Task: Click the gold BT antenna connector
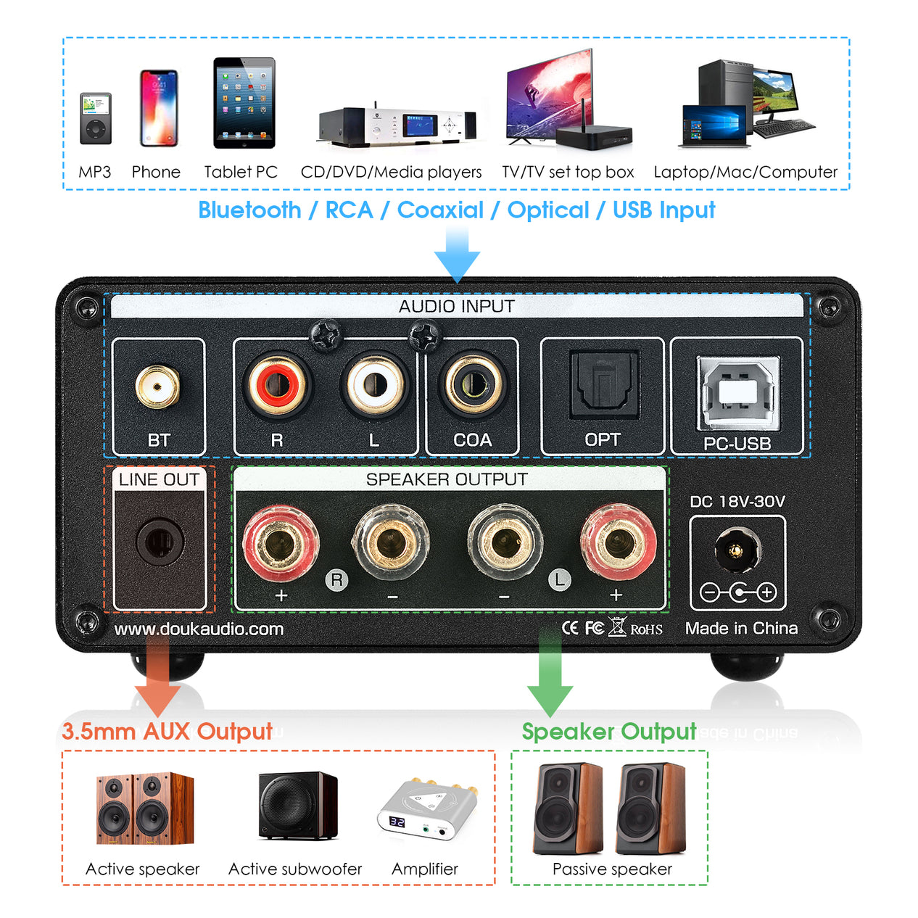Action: click(x=157, y=386)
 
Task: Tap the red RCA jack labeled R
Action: click(x=277, y=384)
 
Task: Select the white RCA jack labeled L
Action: click(x=374, y=384)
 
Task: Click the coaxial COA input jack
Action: click(x=472, y=384)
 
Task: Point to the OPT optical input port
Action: click(x=603, y=384)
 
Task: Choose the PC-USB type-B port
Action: click(x=737, y=392)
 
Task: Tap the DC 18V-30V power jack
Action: click(x=737, y=550)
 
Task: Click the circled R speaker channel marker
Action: click(x=336, y=579)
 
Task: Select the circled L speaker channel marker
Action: click(x=558, y=579)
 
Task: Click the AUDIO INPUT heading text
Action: click(x=456, y=307)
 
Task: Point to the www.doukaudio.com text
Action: click(x=199, y=629)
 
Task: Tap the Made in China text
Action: click(x=741, y=629)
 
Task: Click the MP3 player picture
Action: click(x=96, y=119)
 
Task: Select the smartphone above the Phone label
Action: click(x=158, y=108)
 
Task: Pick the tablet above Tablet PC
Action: click(x=244, y=103)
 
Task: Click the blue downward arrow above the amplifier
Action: click(x=457, y=254)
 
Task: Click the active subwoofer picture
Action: click(x=298, y=806)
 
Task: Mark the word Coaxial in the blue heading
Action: click(x=440, y=210)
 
